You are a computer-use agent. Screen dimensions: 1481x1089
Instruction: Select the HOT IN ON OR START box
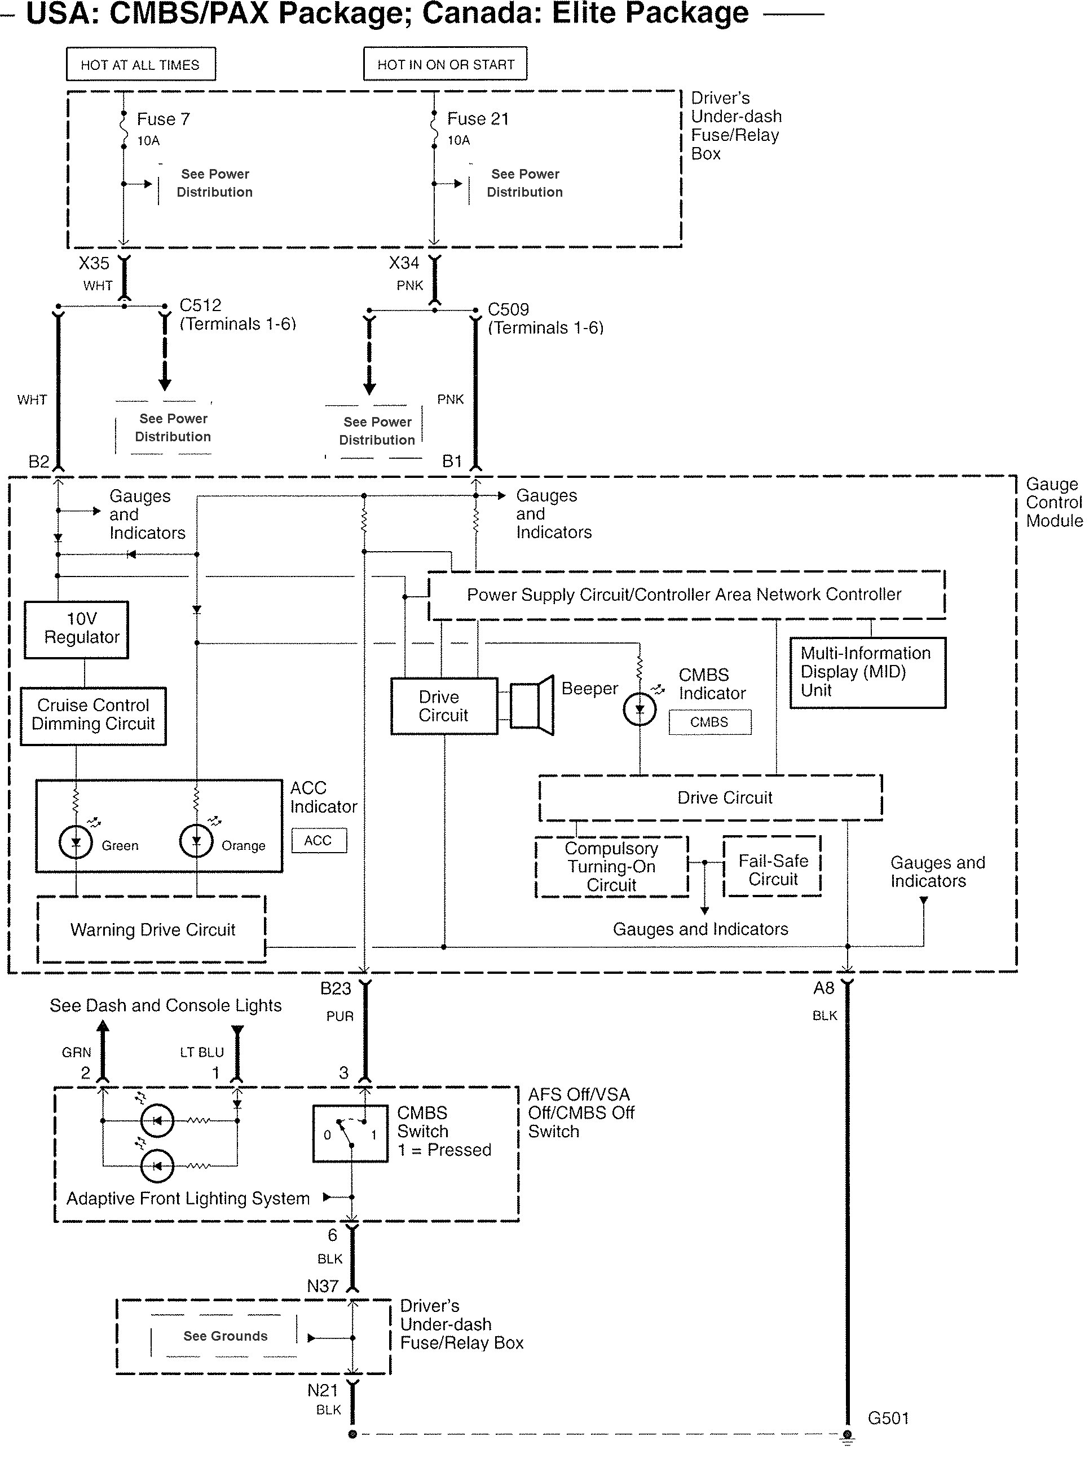coord(445,64)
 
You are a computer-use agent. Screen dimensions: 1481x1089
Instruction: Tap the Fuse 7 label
coord(163,119)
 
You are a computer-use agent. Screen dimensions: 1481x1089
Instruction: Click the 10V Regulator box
coord(77,629)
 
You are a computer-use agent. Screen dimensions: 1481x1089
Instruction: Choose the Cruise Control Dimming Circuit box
coord(93,716)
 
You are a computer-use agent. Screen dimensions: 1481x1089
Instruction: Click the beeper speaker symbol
coord(531,705)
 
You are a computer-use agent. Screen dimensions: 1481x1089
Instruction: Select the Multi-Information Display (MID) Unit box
coord(867,672)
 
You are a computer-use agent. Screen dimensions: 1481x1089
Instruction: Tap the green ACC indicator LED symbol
coord(76,841)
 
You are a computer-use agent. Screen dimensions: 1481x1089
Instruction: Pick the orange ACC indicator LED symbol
coord(196,841)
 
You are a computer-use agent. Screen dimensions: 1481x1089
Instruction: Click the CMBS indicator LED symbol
coord(640,710)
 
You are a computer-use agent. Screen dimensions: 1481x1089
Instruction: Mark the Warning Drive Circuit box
coord(152,930)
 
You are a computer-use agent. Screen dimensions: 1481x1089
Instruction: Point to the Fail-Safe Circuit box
coord(773,870)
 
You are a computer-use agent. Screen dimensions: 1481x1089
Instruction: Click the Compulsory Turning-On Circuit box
coord(611,867)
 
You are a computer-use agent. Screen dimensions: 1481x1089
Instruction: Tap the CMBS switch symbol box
coord(350,1133)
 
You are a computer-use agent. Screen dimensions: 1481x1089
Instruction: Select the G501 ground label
coord(888,1418)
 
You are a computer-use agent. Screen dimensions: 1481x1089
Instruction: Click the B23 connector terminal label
coord(336,988)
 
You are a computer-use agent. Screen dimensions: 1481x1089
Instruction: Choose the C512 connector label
coord(200,305)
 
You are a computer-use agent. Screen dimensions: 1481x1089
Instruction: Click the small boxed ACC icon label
coord(319,841)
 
